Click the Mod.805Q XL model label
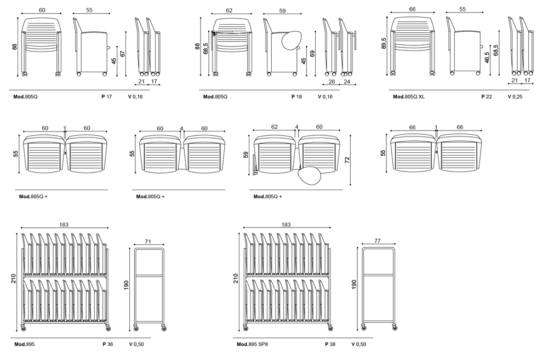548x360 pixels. [x=409, y=97]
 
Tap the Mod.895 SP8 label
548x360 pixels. [x=252, y=345]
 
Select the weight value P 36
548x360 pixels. [x=107, y=345]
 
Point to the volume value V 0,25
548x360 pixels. [x=515, y=97]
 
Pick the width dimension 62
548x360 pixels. [x=229, y=10]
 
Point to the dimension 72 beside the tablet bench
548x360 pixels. [x=347, y=159]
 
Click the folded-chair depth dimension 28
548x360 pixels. [x=332, y=82]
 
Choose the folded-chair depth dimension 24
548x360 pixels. [x=346, y=82]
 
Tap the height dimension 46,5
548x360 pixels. [x=487, y=58]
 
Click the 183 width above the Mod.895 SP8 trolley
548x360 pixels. [x=286, y=225]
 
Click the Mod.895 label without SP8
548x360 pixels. [x=26, y=345]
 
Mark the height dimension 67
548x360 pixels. [x=124, y=53]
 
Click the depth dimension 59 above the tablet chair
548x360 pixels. [x=282, y=10]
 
